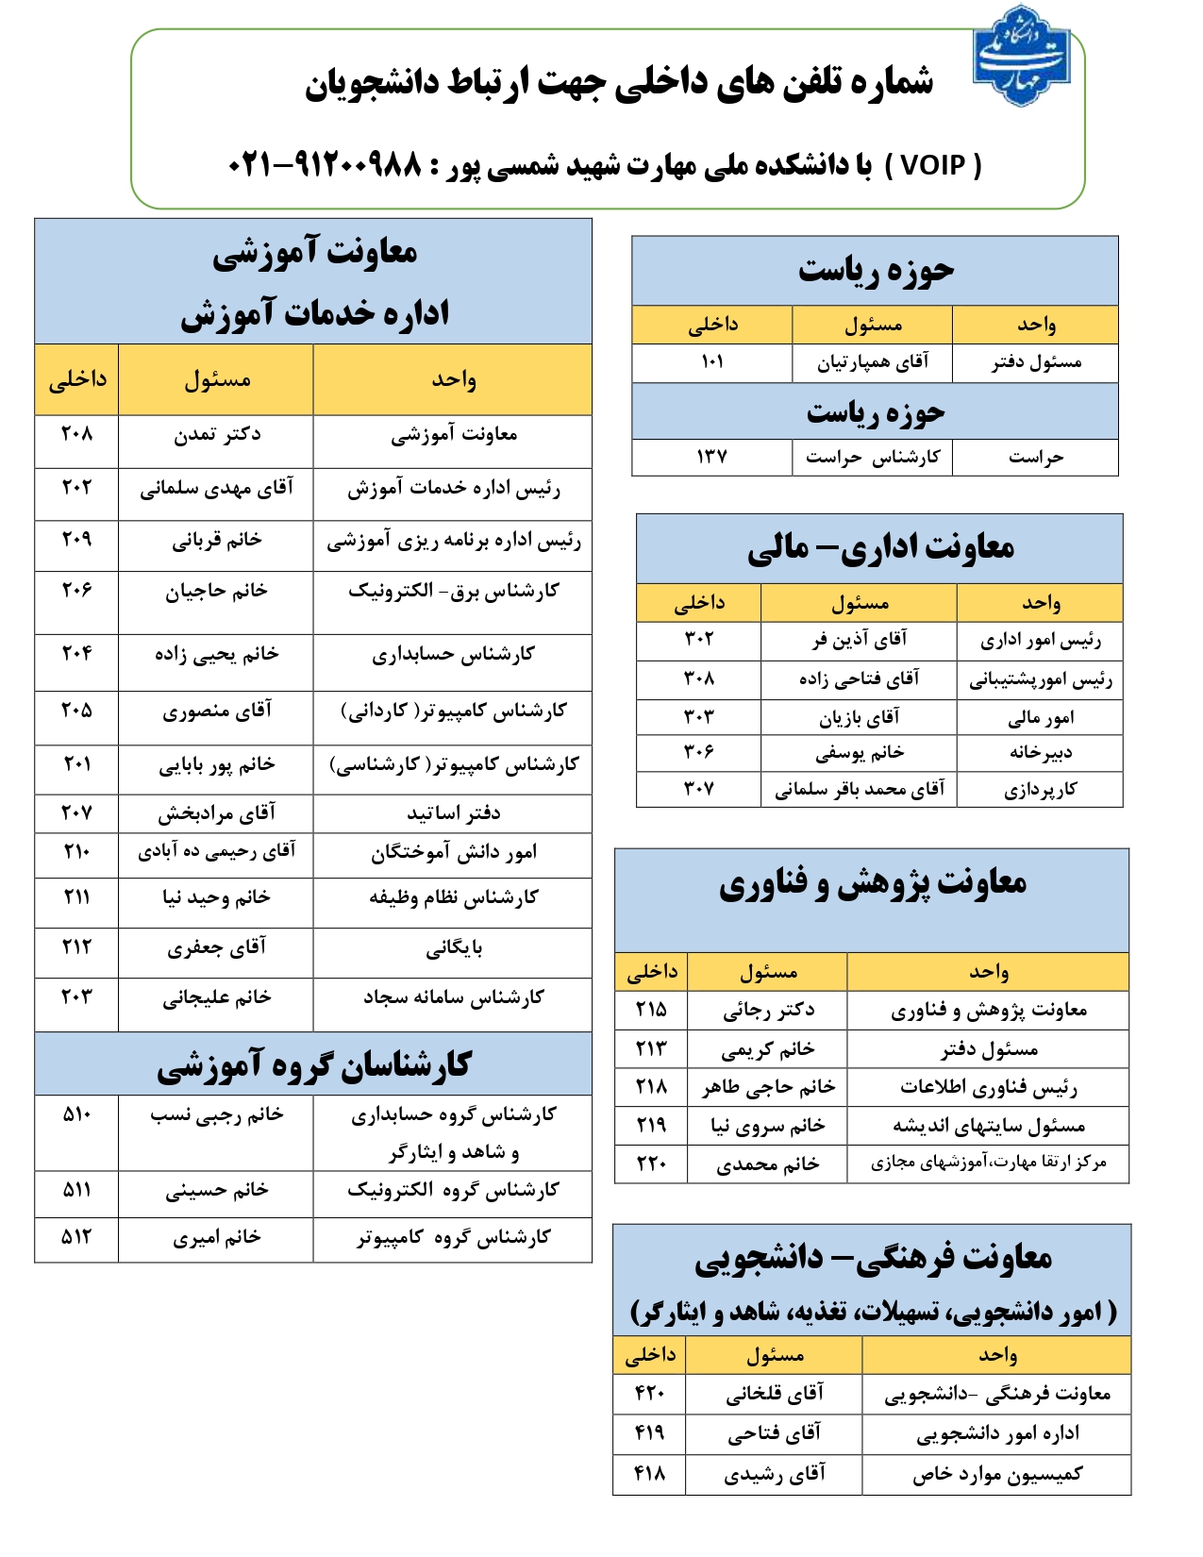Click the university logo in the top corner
tap(1021, 56)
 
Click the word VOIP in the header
tap(933, 166)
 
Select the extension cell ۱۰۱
tap(711, 362)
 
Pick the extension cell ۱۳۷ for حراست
tap(711, 457)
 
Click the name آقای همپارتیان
tap(873, 362)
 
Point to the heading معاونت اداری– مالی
tap(879, 547)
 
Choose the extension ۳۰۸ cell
tap(698, 678)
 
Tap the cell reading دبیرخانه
tap(1040, 752)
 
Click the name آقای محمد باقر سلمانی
tap(859, 790)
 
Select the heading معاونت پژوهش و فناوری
tap(872, 883)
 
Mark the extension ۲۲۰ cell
tap(651, 1164)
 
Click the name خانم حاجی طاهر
tap(768, 1087)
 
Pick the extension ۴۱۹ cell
tap(649, 1433)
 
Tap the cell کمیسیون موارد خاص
tap(996, 1475)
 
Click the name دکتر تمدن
tap(216, 434)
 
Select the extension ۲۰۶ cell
tap(76, 591)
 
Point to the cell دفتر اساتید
tap(453, 813)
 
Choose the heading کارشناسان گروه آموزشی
tap(313, 1065)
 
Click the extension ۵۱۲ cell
tap(76, 1237)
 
